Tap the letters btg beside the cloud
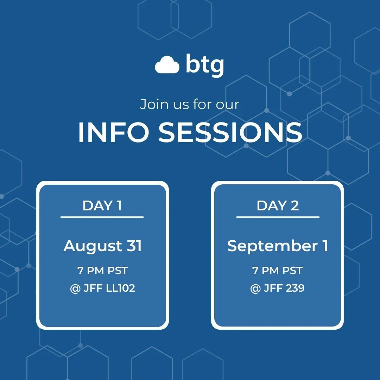[204, 65]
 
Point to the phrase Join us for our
[189, 104]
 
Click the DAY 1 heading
[102, 206]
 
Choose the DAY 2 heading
[278, 206]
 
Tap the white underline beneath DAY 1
[102, 217]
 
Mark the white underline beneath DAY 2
[278, 217]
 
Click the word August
[92, 246]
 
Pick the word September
[272, 246]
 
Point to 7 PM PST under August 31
[102, 271]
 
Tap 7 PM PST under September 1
[277, 271]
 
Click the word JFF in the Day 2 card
[272, 289]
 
